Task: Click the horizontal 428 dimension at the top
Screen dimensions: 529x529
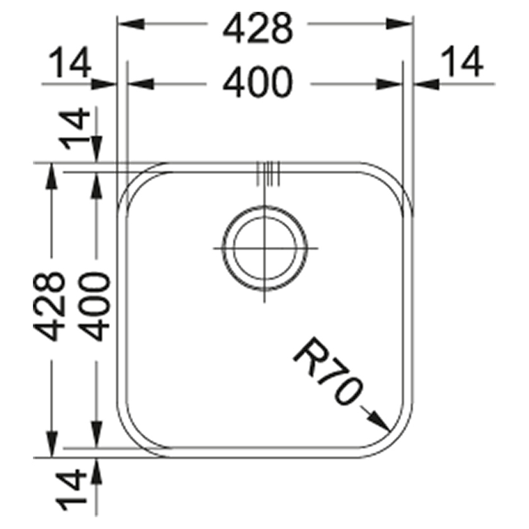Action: coord(257,28)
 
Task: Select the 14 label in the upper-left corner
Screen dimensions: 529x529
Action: coord(70,62)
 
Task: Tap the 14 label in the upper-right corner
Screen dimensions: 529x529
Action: coord(461,61)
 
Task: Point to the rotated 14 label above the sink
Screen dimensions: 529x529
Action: coord(75,129)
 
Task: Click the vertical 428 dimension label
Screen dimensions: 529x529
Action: coord(49,306)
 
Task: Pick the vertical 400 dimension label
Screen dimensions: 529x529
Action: coord(95,306)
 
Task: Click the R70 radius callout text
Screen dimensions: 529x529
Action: coord(327,371)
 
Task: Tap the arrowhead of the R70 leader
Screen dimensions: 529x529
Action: coord(380,422)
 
